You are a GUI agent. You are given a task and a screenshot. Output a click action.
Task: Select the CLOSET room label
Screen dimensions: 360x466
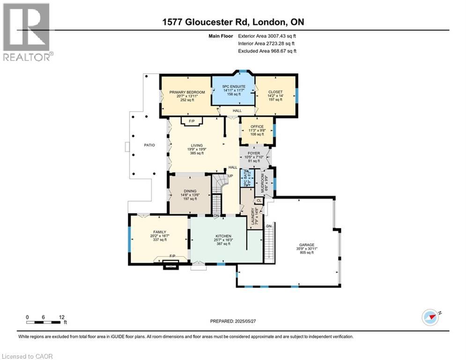275,92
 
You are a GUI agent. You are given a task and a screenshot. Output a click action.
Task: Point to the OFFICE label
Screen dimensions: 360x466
257,127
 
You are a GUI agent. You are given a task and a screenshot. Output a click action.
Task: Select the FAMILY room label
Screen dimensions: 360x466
160,232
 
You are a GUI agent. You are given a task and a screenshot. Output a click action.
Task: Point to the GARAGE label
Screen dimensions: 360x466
307,245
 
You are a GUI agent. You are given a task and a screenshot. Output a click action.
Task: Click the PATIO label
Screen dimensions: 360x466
149,145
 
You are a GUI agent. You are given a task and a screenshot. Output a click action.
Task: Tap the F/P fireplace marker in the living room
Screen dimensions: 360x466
191,121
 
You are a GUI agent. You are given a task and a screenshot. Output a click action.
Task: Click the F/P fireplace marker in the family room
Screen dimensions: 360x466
172,256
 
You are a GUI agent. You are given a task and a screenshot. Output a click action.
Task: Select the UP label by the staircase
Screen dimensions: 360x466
230,176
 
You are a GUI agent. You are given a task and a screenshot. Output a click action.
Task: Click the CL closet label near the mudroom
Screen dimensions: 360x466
259,201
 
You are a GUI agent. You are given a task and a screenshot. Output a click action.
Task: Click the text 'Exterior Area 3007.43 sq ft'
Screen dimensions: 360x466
267,35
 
